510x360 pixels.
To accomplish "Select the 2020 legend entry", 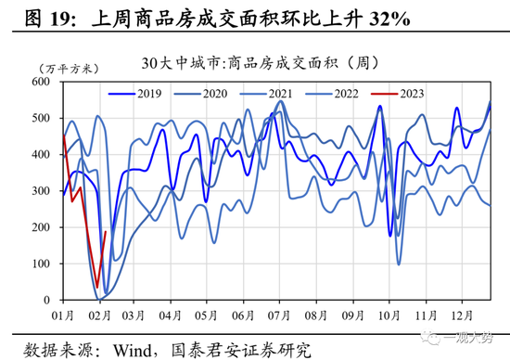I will coord(202,94).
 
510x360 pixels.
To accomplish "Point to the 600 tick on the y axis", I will coord(45,82).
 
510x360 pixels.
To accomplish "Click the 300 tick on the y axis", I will coord(45,191).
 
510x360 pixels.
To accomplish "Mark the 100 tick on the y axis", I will coord(45,264).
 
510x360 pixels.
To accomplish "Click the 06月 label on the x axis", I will coord(243,316).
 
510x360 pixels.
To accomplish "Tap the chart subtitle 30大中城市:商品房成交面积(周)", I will coord(256,63).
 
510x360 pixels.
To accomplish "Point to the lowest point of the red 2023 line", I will coord(96,289).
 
